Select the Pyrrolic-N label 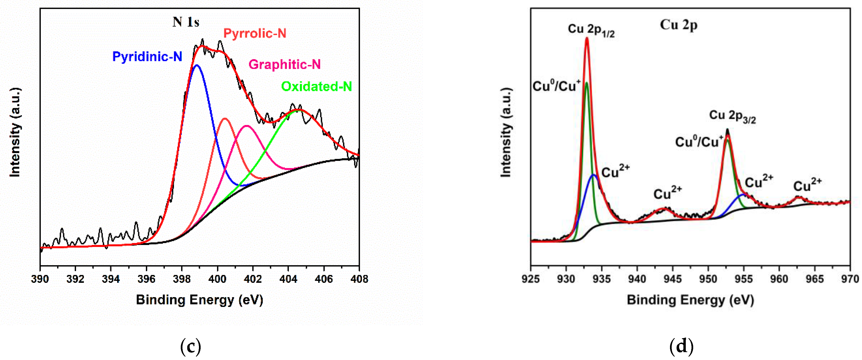[x=254, y=33]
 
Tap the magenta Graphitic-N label [x=285, y=64]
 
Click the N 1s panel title [x=186, y=22]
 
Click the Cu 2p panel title [x=678, y=25]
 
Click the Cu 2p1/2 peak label [x=591, y=30]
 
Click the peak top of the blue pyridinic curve [x=197, y=65]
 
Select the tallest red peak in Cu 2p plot [x=587, y=38]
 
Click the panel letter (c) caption [x=190, y=346]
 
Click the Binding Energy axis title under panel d [x=690, y=300]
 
